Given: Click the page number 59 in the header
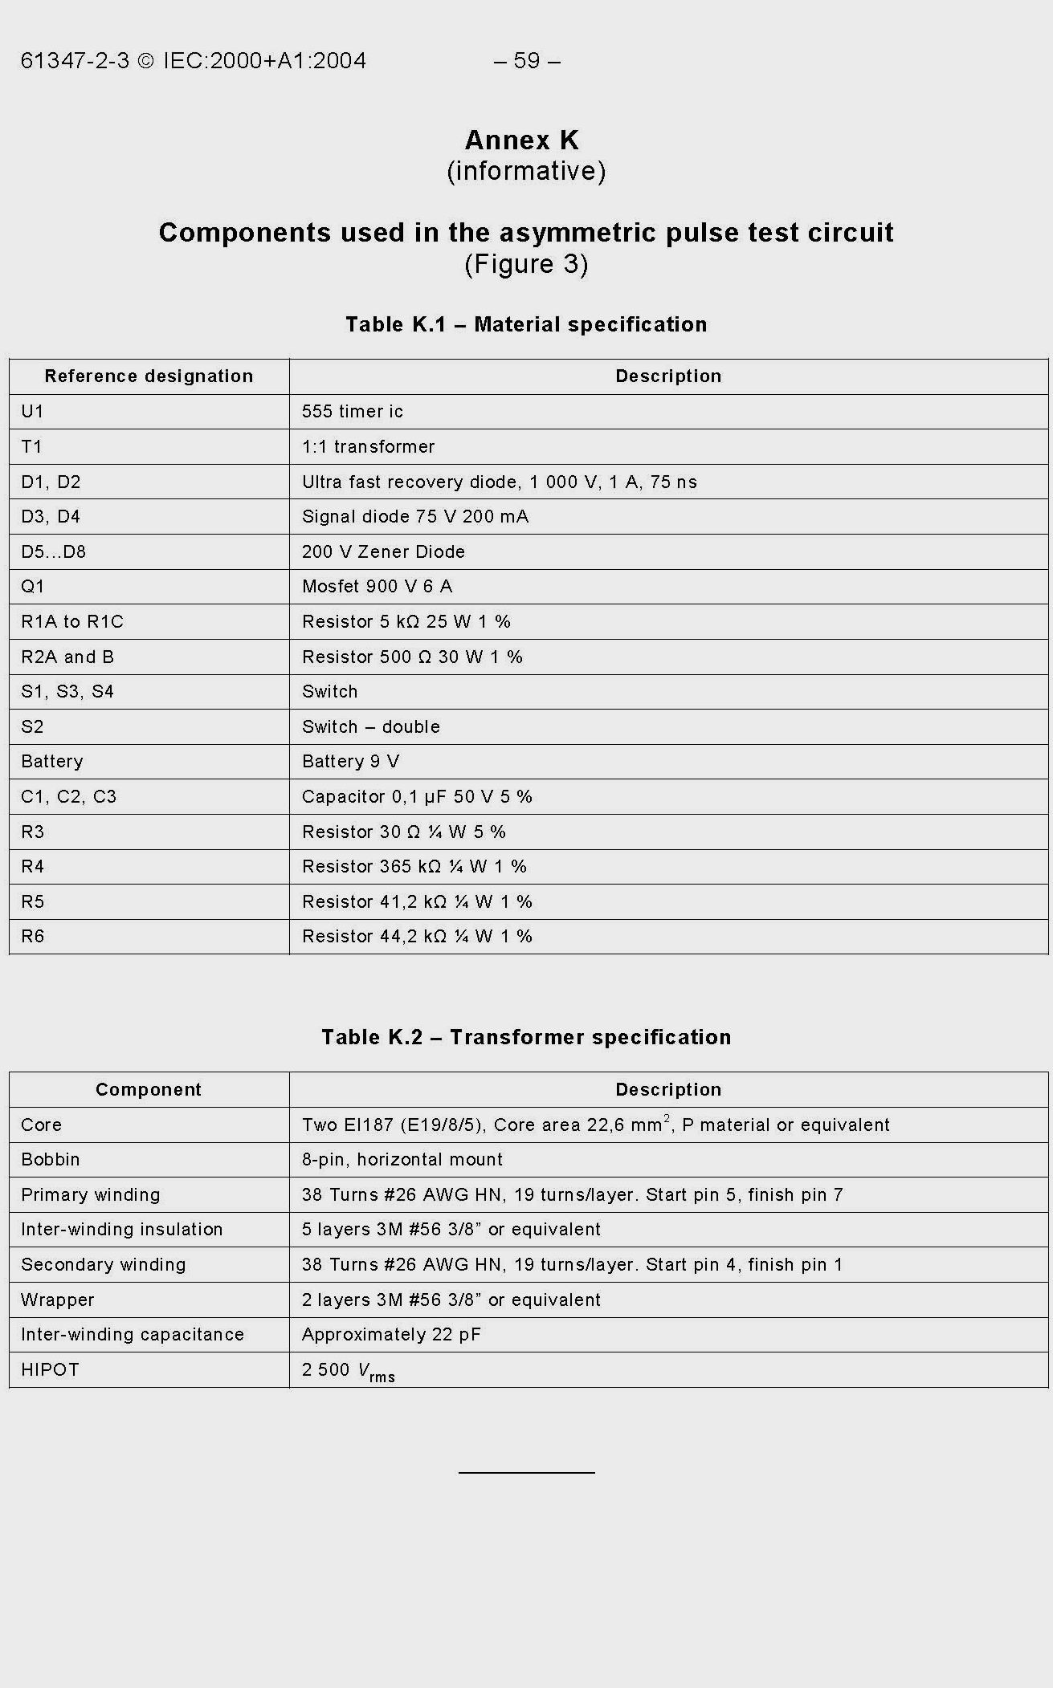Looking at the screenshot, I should pyautogui.click(x=526, y=61).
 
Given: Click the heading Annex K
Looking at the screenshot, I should pyautogui.click(x=522, y=140).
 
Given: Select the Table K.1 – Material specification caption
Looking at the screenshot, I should pyautogui.click(x=526, y=324).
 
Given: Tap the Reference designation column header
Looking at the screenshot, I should pyautogui.click(x=149, y=376).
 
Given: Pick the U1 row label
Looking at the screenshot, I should pyautogui.click(x=33, y=412).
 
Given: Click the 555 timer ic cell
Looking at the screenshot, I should pyautogui.click(x=353, y=412).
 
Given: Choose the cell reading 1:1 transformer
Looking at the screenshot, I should pyautogui.click(x=368, y=447).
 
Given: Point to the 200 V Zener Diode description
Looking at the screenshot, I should pyautogui.click(x=383, y=552).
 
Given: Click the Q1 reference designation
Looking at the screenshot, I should pyautogui.click(x=33, y=587).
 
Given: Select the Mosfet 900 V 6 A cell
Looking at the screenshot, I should pyautogui.click(x=377, y=587).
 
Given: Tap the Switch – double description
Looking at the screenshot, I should pyautogui.click(x=370, y=727).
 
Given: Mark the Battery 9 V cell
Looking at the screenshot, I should pyautogui.click(x=350, y=762).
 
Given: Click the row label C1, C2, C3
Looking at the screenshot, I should pyautogui.click(x=69, y=797).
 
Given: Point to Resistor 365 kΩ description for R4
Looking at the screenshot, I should pyautogui.click(x=414, y=867).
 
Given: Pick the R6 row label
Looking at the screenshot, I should pyautogui.click(x=33, y=937).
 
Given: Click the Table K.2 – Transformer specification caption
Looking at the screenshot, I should pyautogui.click(x=526, y=1037).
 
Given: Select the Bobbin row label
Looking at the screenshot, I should pyautogui.click(x=51, y=1160).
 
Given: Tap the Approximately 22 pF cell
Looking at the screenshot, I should pyautogui.click(x=391, y=1335).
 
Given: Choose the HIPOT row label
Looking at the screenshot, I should pyautogui.click(x=51, y=1370).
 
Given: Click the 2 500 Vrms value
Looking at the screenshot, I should pyautogui.click(x=349, y=1371).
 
